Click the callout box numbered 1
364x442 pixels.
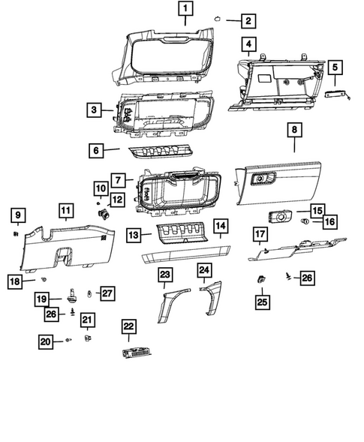tap(185, 11)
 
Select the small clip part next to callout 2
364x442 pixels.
tap(215, 20)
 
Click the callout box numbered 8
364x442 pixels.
tap(294, 131)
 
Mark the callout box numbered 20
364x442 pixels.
tap(47, 341)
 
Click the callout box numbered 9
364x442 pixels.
tap(17, 217)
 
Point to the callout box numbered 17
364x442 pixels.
tap(260, 236)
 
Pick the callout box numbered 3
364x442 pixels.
tap(93, 110)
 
